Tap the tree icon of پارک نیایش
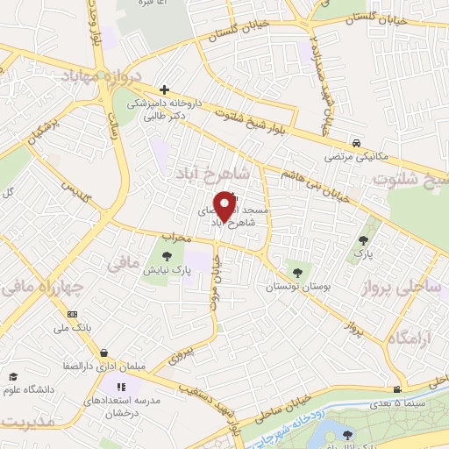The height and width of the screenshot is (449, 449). tap(167, 255)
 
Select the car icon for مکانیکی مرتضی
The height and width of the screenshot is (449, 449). tap(356, 143)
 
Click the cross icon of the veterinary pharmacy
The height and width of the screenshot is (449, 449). tap(164, 89)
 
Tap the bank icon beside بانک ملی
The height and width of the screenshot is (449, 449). tap(72, 314)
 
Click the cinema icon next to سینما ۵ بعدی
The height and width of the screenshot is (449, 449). tap(397, 390)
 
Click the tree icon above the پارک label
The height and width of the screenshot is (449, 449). tap(362, 239)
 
